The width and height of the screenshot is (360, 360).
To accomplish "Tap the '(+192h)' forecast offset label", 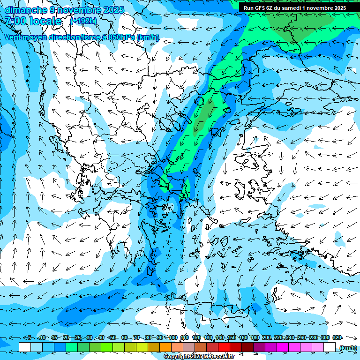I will (x=83, y=21).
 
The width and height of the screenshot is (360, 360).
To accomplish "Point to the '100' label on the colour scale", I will (x=173, y=337).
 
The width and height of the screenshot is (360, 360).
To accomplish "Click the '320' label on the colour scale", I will (x=337, y=337).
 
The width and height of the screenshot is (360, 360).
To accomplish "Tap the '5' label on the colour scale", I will (x=30, y=337).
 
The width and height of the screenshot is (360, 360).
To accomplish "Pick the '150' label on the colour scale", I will (x=232, y=337).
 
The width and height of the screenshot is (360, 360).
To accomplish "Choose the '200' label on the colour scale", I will (x=267, y=337).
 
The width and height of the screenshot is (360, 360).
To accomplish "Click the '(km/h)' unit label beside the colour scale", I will (x=347, y=347).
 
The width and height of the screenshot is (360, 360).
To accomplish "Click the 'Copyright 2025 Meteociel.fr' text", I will (x=198, y=356).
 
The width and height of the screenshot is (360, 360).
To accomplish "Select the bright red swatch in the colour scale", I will (x=224, y=347).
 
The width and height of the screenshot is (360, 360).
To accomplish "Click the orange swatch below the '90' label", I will (x=165, y=347).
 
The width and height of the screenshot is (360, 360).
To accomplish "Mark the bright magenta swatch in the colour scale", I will (x=283, y=347).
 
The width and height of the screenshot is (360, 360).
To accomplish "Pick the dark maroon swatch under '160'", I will (x=247, y=347).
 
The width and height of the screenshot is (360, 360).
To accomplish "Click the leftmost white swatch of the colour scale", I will (x=25, y=347).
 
